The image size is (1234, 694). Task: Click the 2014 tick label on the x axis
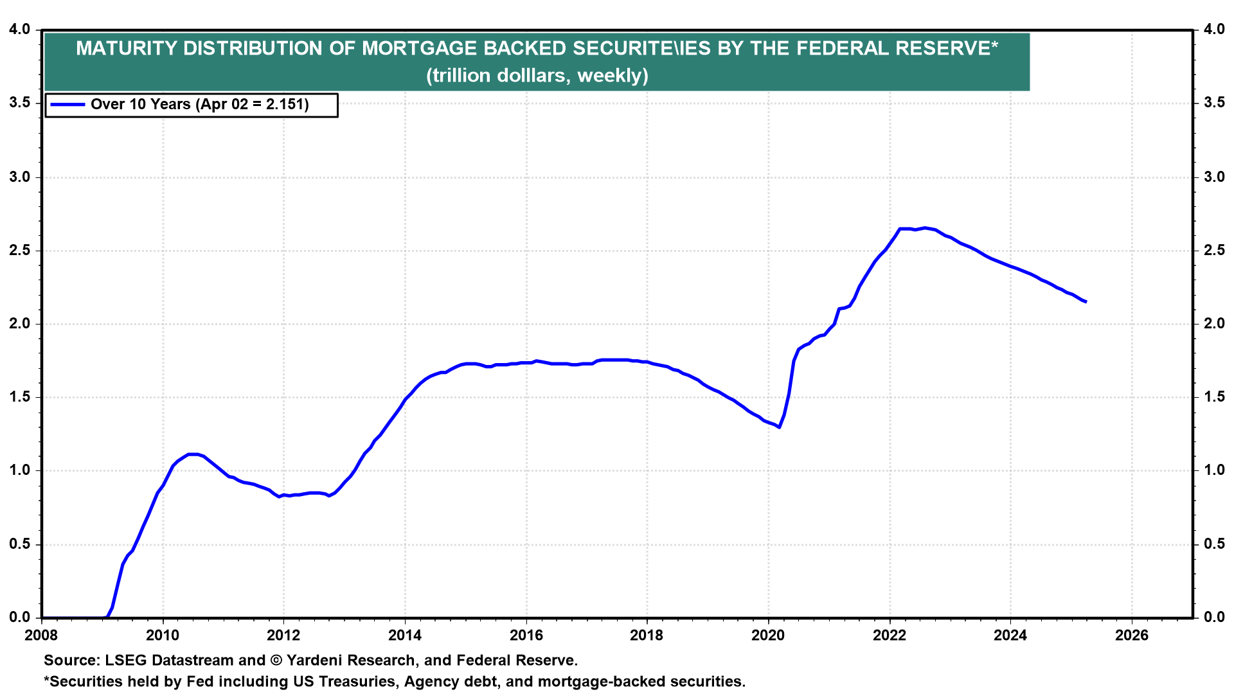[405, 636]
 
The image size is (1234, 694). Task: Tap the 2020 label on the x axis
[768, 636]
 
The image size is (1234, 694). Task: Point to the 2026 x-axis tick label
[1131, 636]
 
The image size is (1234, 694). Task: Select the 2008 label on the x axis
[42, 636]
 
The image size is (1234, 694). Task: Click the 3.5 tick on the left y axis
[20, 103]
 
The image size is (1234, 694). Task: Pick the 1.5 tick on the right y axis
[1214, 397]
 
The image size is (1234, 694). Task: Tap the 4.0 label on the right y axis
[1214, 30]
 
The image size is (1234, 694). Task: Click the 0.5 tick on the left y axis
[20, 544]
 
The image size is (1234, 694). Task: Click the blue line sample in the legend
[67, 105]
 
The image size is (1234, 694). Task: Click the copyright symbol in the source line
[276, 661]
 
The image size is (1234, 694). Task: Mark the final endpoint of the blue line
[1086, 301]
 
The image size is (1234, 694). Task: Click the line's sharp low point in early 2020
[779, 427]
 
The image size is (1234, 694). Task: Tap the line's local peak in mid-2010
[192, 454]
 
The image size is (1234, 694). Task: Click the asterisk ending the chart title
[994, 45]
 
